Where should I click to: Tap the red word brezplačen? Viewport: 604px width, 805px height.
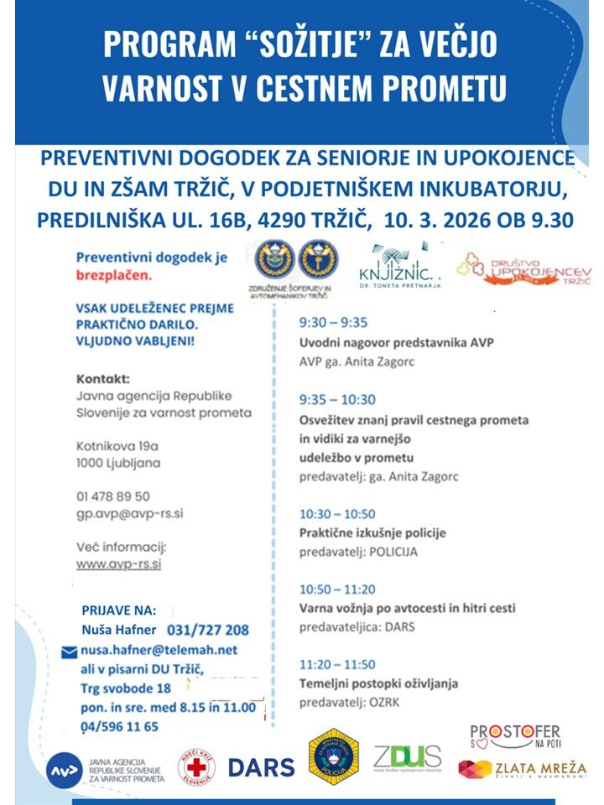coord(114,275)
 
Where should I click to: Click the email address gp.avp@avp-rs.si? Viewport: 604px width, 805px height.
coord(130,512)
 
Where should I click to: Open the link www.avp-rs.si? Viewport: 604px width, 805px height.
coord(118,563)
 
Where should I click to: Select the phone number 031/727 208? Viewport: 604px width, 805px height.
coord(208,630)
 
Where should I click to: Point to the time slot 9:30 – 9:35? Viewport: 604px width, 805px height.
coord(333,322)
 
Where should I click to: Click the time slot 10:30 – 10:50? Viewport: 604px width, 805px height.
coord(337,514)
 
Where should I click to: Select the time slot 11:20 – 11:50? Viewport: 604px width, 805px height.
coord(337,665)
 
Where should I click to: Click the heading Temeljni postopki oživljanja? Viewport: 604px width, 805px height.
coord(378,683)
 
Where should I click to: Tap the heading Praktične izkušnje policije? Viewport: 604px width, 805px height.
coord(372,532)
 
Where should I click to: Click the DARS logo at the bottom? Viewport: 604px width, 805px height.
coord(261,766)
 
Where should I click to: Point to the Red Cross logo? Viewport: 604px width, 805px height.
coord(196,767)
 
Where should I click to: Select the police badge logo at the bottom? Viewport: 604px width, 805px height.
coord(333,756)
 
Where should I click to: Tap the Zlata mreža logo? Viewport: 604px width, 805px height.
coord(522,769)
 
